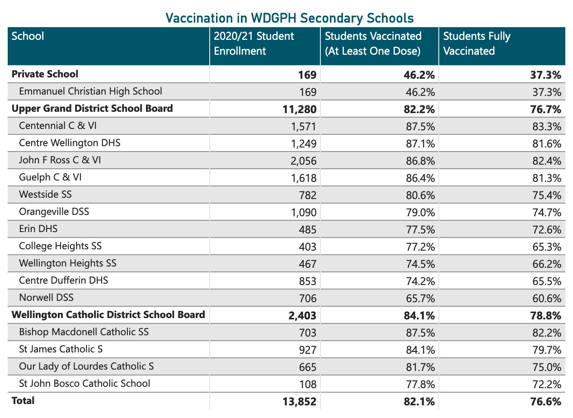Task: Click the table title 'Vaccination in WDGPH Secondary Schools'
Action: pos(289,18)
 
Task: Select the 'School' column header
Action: pos(28,36)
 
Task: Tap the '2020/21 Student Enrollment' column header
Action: pos(254,43)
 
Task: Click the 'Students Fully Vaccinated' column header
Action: pos(477,43)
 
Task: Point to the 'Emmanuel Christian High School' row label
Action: pos(90,91)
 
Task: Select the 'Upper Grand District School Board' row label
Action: pos(92,109)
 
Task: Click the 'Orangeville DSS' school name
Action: pos(54,212)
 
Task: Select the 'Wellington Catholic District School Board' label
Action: pos(108,314)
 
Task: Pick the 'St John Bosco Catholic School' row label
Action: pos(85,384)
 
